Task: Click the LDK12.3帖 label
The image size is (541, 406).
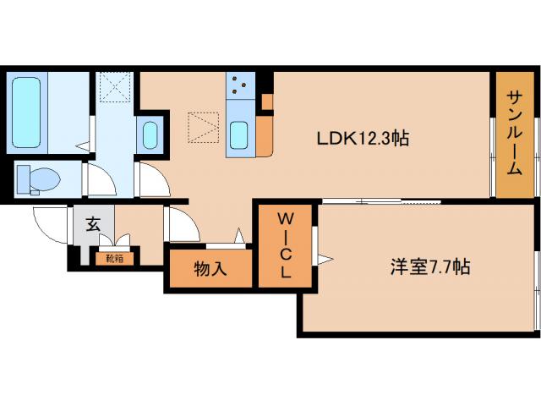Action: [x=363, y=138]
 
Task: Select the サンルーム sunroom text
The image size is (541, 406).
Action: [x=514, y=133]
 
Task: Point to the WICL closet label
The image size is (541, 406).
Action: [x=286, y=245]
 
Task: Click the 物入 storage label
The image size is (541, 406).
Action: [x=210, y=270]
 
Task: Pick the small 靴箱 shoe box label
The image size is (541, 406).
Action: [x=113, y=259]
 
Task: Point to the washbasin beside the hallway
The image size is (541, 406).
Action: [x=150, y=134]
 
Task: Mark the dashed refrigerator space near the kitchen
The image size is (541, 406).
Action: [x=202, y=129]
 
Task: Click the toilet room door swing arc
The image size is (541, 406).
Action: [x=96, y=180]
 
